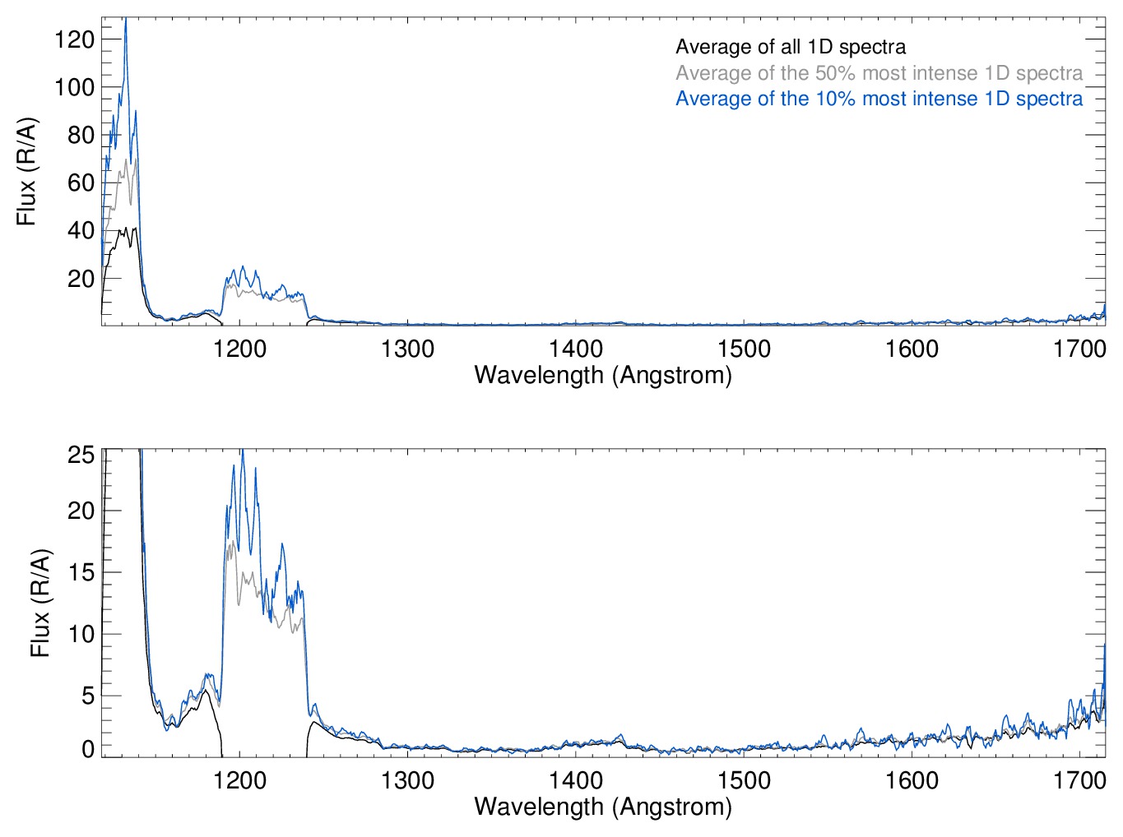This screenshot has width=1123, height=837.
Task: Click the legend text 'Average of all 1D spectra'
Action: [790, 47]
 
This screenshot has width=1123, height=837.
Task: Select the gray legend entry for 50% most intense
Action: [879, 73]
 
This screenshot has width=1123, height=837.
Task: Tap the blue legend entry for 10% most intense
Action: [879, 99]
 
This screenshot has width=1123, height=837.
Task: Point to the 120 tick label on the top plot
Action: [74, 39]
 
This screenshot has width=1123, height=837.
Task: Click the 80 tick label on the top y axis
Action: [81, 135]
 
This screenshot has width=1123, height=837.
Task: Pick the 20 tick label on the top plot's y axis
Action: [81, 279]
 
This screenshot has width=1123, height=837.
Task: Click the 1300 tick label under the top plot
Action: [407, 349]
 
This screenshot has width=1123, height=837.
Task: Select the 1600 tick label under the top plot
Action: [912, 349]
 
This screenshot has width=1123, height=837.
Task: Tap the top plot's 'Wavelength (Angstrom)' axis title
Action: [603, 376]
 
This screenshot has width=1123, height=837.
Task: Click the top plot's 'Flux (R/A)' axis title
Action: [26, 172]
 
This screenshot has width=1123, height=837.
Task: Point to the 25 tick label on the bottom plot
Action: [81, 455]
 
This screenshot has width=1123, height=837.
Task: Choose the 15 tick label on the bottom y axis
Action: [81, 572]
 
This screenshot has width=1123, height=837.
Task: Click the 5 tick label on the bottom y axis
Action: [87, 696]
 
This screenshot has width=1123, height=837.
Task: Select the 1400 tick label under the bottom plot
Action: [576, 779]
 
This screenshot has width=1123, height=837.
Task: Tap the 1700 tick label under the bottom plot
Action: [1079, 779]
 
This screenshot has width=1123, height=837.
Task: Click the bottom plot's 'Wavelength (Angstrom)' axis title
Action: [603, 807]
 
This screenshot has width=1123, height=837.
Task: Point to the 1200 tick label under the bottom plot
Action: [239, 779]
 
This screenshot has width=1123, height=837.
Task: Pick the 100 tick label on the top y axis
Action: [74, 87]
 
